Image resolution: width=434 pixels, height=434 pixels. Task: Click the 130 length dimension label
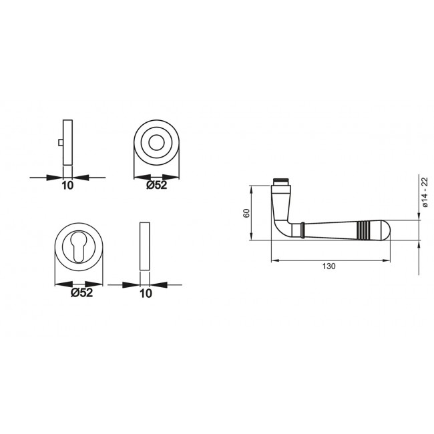point(329,266)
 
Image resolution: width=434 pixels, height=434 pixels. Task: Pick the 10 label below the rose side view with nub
point(67,186)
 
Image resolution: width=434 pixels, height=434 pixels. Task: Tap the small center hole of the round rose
point(158,142)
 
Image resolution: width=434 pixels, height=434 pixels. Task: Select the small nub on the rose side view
point(60,142)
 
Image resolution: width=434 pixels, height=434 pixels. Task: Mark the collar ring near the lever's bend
point(302,230)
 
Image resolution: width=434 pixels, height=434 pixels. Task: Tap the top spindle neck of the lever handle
point(282,181)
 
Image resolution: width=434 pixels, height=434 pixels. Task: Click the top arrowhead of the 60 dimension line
point(252,188)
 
